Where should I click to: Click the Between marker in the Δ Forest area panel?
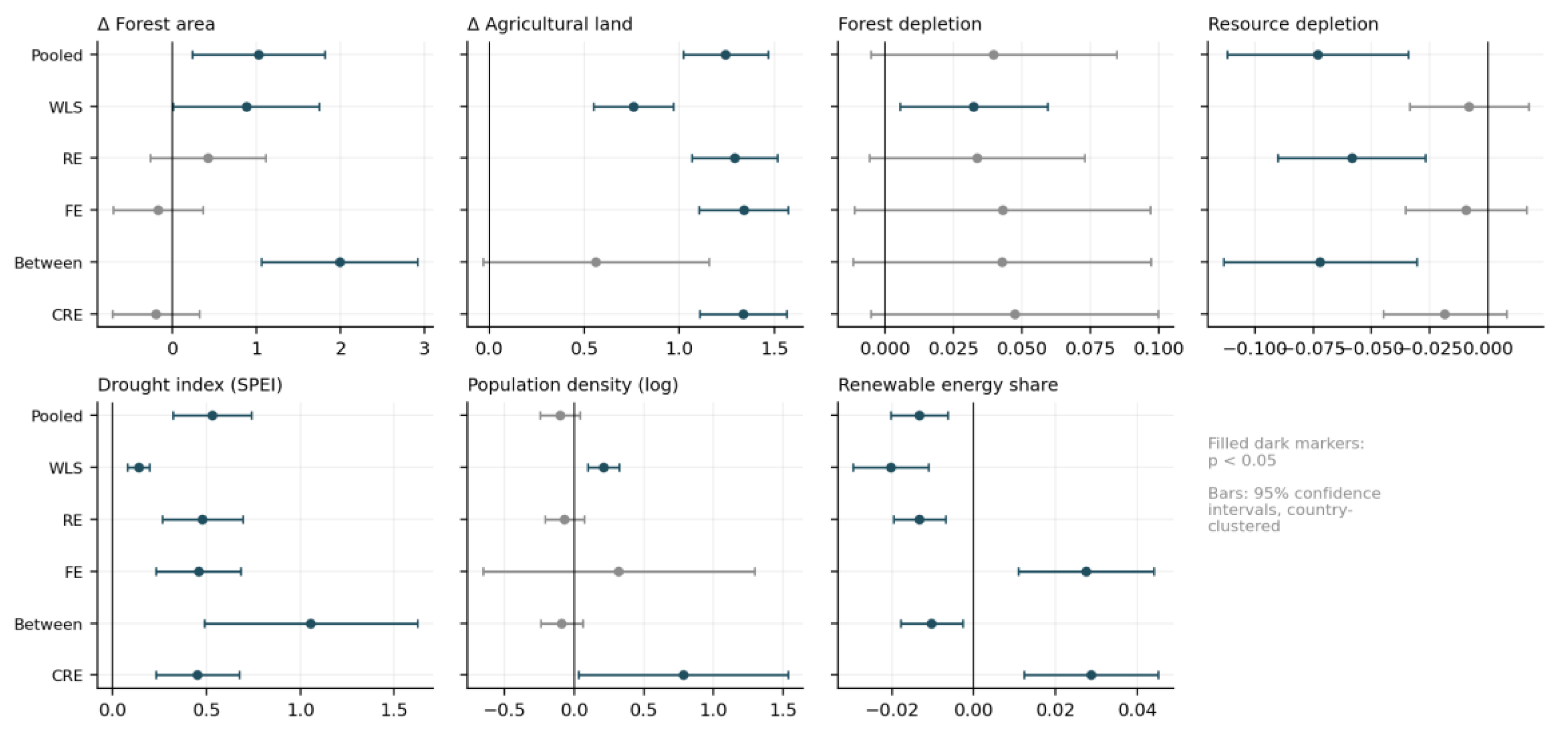(x=340, y=262)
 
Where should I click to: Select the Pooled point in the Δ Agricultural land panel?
(x=725, y=54)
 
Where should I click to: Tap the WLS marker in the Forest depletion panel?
(x=973, y=106)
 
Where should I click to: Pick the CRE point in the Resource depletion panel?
(x=1445, y=314)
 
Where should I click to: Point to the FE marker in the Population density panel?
(x=618, y=572)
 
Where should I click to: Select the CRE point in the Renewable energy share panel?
(x=1091, y=675)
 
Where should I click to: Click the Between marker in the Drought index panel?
(x=310, y=624)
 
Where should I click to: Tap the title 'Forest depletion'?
(x=909, y=24)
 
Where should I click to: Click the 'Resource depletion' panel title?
(x=1293, y=24)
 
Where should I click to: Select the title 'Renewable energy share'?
(x=948, y=385)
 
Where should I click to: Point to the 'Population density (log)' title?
(x=572, y=385)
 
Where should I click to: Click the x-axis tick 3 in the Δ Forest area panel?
(x=424, y=349)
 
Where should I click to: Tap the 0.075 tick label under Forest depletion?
(x=1090, y=349)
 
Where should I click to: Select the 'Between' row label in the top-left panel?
(x=48, y=263)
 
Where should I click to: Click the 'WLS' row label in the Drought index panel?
(x=65, y=468)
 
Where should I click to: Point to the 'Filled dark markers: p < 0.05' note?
(x=1286, y=451)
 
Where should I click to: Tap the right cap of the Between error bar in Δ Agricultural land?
(x=709, y=262)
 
